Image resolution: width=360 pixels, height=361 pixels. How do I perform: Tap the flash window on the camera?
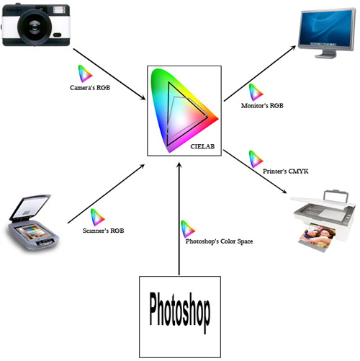(59, 10)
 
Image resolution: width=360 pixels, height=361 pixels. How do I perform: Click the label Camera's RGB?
(90, 88)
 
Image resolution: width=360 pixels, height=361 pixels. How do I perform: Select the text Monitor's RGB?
(262, 106)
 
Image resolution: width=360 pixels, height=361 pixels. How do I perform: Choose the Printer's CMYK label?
(285, 171)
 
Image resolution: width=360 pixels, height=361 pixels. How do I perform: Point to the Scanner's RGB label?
(103, 231)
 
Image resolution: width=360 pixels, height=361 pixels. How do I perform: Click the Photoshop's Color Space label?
(219, 241)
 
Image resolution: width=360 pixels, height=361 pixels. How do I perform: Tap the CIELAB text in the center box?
(202, 146)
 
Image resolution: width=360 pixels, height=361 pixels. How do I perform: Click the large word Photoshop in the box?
(180, 311)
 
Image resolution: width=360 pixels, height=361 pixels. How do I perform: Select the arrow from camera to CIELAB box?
(109, 74)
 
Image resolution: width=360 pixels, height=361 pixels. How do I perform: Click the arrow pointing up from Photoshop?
(179, 218)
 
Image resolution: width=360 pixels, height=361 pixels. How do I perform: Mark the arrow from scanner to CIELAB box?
(106, 194)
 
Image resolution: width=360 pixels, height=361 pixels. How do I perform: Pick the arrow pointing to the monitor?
(260, 73)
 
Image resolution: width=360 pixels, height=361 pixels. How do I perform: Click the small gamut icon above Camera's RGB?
(85, 73)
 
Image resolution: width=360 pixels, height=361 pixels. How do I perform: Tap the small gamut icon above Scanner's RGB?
(97, 218)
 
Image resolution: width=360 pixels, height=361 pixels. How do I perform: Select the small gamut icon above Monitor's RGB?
(256, 92)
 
